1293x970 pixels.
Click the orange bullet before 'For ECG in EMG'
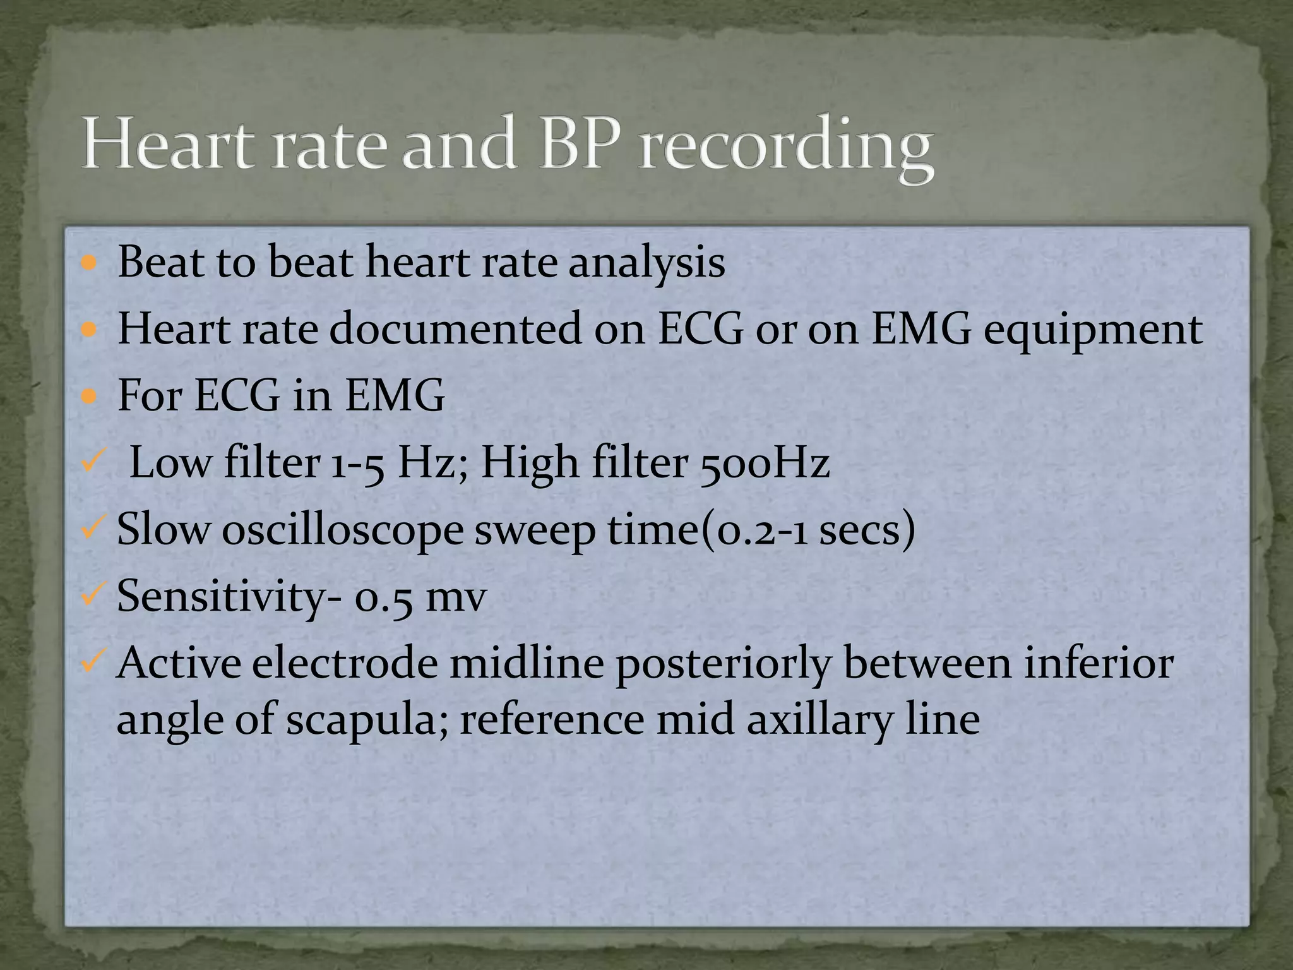pos(90,397)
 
